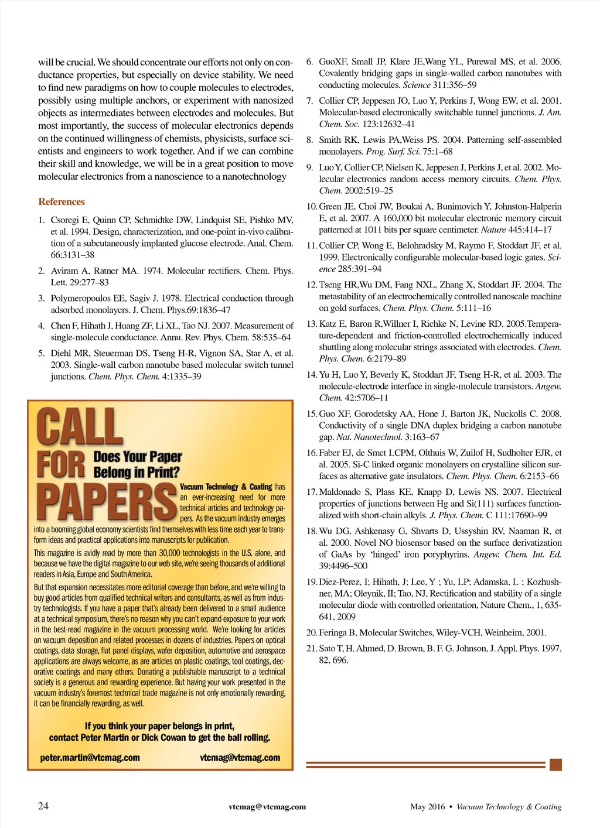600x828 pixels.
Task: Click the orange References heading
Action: pos(62,201)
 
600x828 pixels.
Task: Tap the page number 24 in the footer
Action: pos(43,806)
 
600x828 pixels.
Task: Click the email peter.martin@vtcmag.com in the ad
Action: pos(90,758)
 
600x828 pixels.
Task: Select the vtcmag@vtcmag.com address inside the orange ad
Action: pos(240,758)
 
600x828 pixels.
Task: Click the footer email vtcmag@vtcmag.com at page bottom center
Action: pos(267,806)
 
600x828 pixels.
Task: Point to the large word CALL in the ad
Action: pos(80,427)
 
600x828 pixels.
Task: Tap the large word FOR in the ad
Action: pos(61,464)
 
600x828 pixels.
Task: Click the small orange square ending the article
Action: pos(556,764)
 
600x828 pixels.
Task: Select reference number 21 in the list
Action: pos(312,648)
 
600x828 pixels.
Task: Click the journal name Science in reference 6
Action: pos(417,85)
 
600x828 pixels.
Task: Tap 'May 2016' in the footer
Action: pos(428,806)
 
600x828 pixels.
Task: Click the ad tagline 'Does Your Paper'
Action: pos(138,456)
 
